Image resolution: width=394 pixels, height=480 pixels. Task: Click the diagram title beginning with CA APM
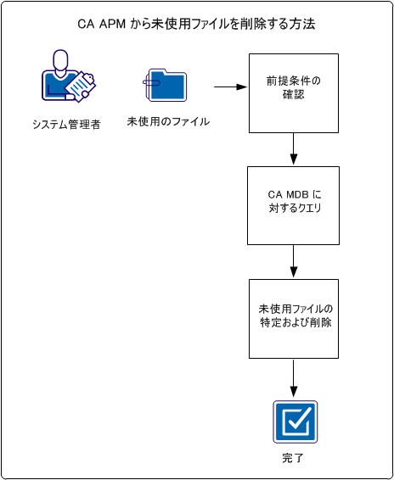196,24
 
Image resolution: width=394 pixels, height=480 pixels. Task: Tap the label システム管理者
66,124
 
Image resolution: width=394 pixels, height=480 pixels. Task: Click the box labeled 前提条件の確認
293,93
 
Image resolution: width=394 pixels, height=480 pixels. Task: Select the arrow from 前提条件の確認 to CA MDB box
293,149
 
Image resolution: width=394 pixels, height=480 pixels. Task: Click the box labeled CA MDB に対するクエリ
293,205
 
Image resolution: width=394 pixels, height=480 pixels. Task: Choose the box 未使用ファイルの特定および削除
293,318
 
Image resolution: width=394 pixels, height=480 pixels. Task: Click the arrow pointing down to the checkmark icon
293,377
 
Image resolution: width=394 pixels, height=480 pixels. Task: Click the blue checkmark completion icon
295,421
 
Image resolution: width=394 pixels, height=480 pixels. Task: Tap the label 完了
293,458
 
